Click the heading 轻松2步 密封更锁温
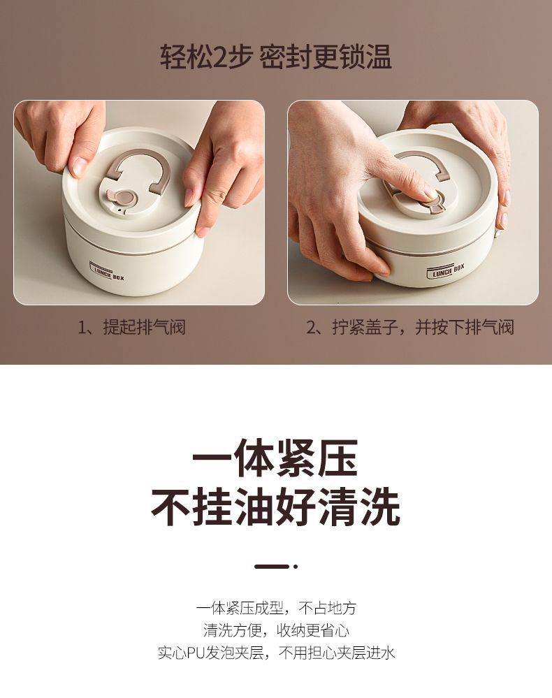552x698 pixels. pos(276,57)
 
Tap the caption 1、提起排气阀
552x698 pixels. pos(131,327)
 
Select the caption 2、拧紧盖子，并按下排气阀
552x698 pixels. pos(410,327)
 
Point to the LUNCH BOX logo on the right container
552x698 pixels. pos(446,270)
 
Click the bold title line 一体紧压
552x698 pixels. pos(275,458)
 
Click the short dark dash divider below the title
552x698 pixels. pos(272,567)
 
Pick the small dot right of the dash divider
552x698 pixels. pos(295,567)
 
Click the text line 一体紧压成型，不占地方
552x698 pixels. pos(276,608)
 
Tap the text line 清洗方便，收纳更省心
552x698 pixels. pos(276,630)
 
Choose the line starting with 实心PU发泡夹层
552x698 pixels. pos(276,653)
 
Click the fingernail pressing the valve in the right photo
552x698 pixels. pos(430,194)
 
